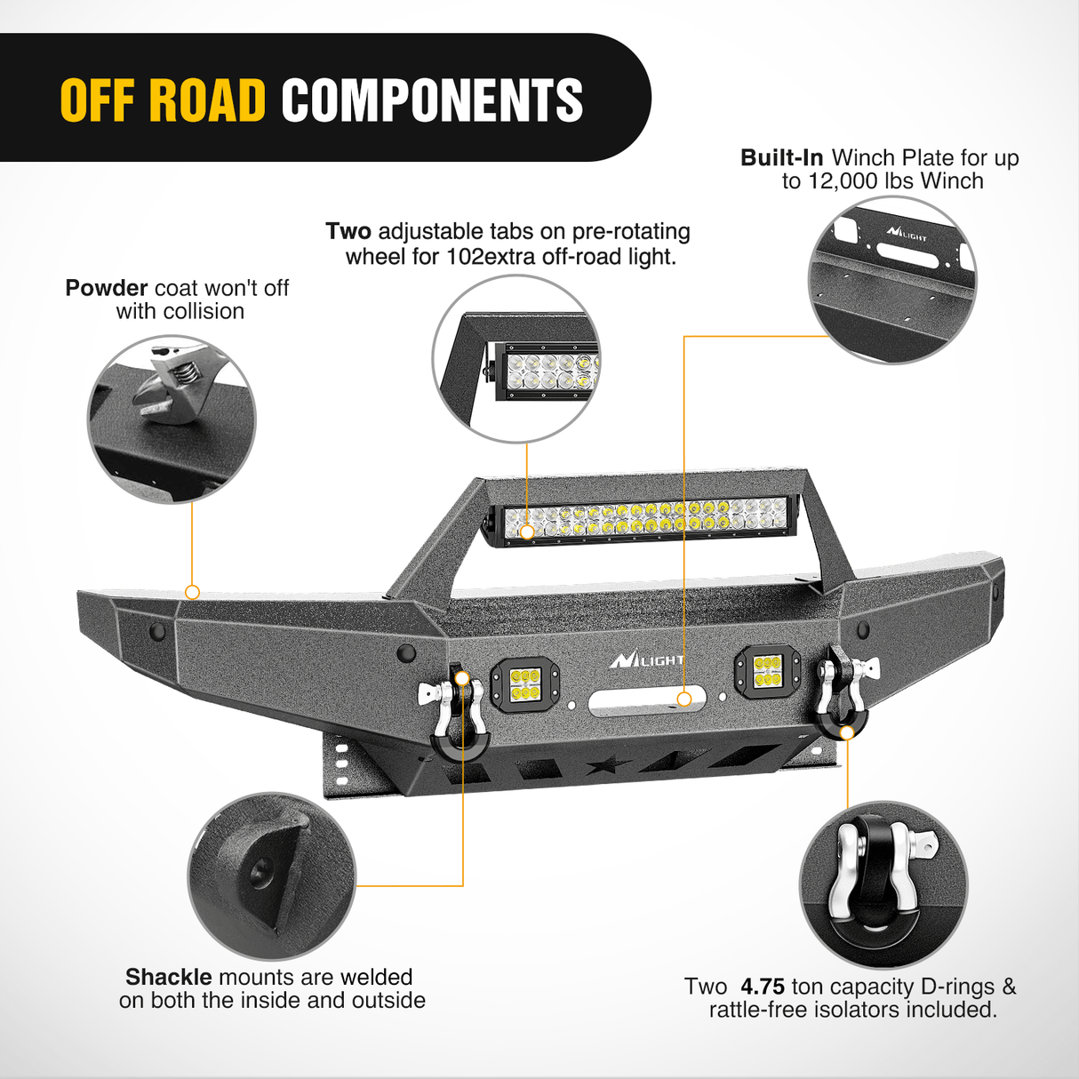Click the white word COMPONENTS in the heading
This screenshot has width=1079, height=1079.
point(432,100)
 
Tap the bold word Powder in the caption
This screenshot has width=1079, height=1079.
point(106,288)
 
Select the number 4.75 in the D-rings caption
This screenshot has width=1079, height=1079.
point(763,987)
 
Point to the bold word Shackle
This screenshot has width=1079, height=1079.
point(168,977)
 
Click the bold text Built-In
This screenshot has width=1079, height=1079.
point(781,157)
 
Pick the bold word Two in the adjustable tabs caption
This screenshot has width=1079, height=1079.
point(348,231)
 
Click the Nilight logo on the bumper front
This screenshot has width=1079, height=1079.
point(646,660)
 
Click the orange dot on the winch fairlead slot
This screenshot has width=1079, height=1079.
point(684,699)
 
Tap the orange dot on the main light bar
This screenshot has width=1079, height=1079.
point(527,532)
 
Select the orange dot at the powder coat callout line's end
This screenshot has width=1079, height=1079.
point(192,592)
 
